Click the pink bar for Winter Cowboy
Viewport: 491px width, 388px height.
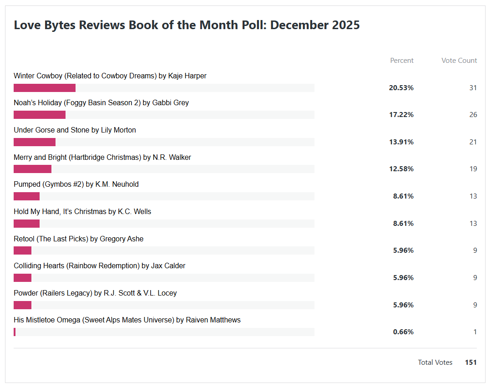(x=45, y=88)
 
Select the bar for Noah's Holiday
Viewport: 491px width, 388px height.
(x=40, y=115)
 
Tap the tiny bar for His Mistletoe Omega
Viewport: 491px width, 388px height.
(x=15, y=332)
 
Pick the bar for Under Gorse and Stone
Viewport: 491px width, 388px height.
(x=35, y=142)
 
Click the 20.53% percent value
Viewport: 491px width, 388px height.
(x=401, y=88)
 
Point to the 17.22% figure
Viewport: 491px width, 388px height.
(x=401, y=115)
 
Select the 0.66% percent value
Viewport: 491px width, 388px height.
(x=403, y=332)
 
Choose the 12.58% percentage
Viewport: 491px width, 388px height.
(x=401, y=169)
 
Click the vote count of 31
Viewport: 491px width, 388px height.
(x=473, y=88)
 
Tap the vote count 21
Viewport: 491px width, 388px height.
(x=473, y=142)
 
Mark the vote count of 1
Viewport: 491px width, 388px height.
(x=475, y=332)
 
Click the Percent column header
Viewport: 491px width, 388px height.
(x=402, y=61)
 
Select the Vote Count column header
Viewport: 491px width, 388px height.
(x=459, y=61)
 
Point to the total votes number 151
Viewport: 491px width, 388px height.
(x=471, y=362)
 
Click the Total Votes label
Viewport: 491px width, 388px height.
(x=435, y=362)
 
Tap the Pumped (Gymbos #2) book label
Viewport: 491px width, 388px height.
(x=76, y=184)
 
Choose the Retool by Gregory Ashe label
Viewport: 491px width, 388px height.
(x=78, y=239)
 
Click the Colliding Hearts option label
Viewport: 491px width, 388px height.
(x=99, y=266)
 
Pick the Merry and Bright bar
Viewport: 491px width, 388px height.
(x=32, y=169)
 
